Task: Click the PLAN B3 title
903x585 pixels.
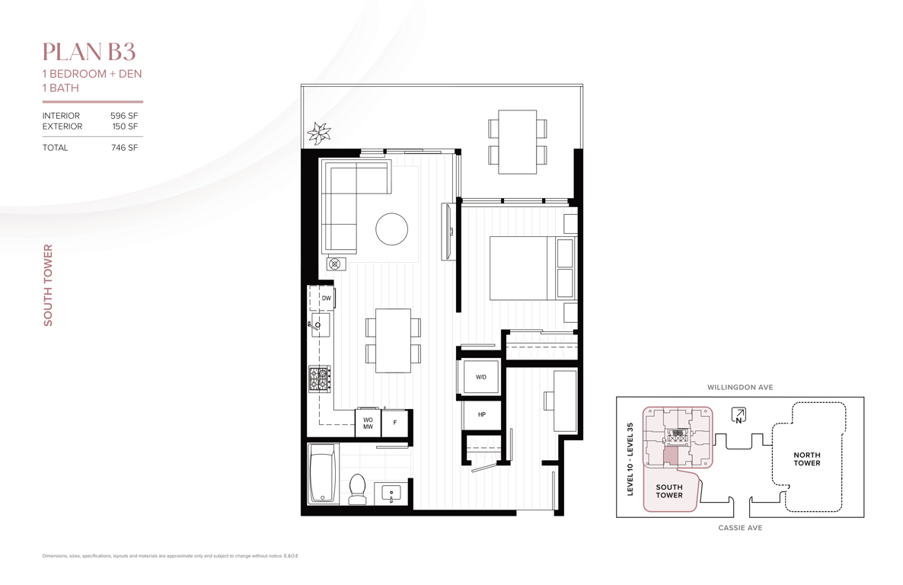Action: [88, 52]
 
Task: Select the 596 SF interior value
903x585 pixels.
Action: [124, 116]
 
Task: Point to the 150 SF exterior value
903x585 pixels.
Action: [125, 126]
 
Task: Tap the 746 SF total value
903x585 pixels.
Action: [124, 148]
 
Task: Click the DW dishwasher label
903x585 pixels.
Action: [327, 298]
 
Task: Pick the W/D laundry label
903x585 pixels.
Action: [481, 377]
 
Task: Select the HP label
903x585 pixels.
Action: [481, 414]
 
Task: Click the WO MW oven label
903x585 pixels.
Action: [368, 423]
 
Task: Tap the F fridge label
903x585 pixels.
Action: [395, 423]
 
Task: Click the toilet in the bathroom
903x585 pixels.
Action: [358, 489]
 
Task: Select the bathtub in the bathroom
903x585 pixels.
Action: [323, 474]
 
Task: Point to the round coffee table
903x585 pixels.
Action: [391, 229]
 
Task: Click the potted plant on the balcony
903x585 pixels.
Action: [318, 133]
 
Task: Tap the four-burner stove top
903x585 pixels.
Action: [320, 379]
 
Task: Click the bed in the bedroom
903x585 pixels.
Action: [532, 268]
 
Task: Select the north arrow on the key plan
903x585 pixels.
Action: [739, 415]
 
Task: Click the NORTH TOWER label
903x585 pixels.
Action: [807, 459]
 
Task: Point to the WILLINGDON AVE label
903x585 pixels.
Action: [740, 387]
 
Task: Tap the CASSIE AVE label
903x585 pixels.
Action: [740, 527]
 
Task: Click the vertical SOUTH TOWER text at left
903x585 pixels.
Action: [48, 286]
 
